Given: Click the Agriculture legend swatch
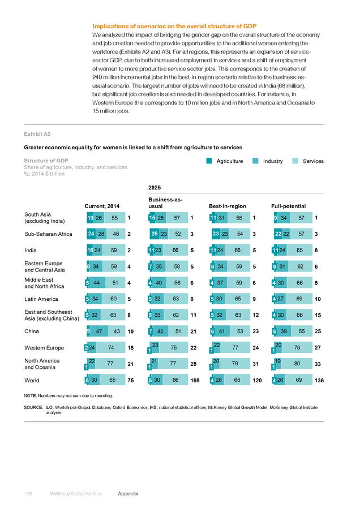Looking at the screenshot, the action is pos(209,161).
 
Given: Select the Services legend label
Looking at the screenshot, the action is pos(313,161).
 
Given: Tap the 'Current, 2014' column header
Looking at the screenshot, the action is pos(102,206).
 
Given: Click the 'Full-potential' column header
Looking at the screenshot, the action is pos(289,206).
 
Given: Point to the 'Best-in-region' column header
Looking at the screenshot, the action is pos(228,206).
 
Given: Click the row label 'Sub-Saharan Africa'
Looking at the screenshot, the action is pos(49,234).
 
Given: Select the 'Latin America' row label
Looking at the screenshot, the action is pos(41,299).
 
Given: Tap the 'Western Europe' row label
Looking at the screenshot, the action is pos(44,348).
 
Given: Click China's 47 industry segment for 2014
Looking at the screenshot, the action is pos(99,331).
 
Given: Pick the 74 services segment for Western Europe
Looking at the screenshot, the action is pos(111,347).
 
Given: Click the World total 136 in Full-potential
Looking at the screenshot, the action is pos(319,380).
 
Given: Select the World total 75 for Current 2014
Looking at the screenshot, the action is pos(131,380).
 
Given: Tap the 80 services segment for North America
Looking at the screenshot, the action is pos(297,364).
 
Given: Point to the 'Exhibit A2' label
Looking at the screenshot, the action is pos(37,134).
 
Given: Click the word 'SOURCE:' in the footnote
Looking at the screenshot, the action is pos(33,407).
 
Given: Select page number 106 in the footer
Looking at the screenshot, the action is pos(28,493).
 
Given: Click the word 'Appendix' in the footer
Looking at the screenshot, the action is pos(128,493).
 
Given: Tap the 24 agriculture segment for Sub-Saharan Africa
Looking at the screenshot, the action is pos(91,234).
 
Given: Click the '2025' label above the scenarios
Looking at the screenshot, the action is pos(155,188).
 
